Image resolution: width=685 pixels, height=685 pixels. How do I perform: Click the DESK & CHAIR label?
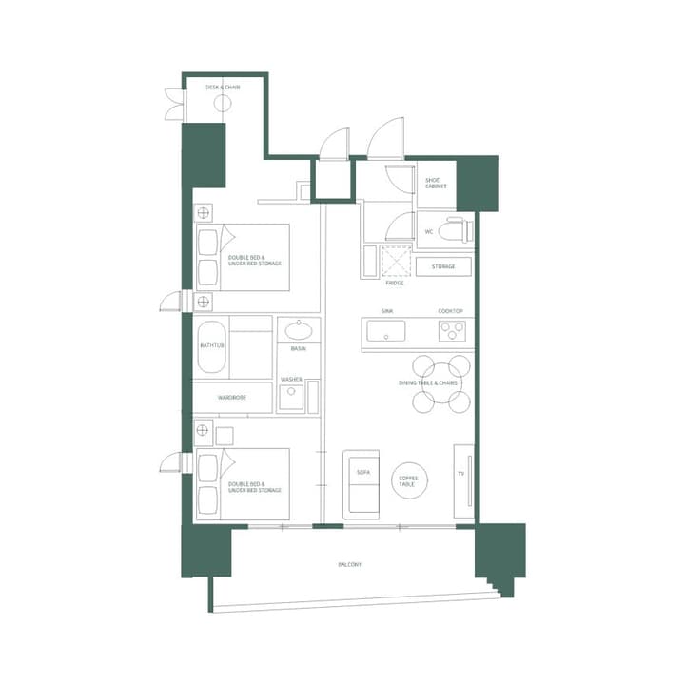[x=223, y=88]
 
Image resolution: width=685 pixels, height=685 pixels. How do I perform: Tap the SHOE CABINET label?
[x=436, y=184]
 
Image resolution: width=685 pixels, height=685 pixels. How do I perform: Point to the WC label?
[x=429, y=231]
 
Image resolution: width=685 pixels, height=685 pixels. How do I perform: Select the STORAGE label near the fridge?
[x=443, y=266]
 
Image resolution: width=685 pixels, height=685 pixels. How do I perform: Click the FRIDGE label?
[x=395, y=283]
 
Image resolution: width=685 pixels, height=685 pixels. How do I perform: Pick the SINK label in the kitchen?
[x=387, y=311]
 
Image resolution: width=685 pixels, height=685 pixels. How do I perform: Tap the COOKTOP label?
[x=450, y=311]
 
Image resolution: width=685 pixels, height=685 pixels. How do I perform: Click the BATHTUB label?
[x=212, y=345]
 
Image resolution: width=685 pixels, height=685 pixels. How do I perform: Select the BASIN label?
[x=298, y=349]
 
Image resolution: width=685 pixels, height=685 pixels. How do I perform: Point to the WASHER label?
[x=291, y=379]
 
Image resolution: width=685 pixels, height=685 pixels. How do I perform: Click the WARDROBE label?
[x=232, y=397]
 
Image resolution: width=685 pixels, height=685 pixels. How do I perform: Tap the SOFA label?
[x=362, y=473]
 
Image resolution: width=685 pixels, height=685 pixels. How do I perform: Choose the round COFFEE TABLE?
[x=409, y=480]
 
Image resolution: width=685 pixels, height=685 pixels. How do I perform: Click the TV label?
[x=461, y=473]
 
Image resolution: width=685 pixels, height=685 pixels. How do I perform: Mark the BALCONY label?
[x=349, y=565]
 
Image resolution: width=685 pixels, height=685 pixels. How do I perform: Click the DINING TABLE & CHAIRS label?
[x=428, y=382]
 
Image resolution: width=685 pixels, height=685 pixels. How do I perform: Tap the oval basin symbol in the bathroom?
[x=300, y=331]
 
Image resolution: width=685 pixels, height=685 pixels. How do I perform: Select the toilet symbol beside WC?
[x=455, y=230]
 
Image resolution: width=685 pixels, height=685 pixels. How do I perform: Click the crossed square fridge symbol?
[x=394, y=260]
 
